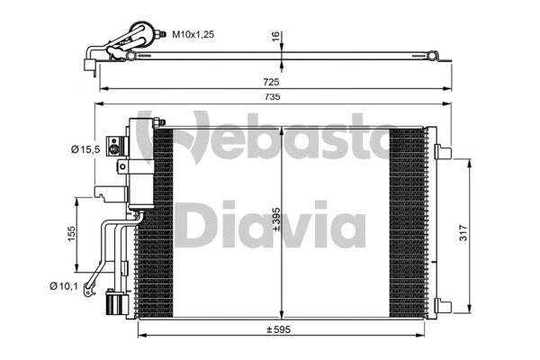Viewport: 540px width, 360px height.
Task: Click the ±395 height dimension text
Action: [x=277, y=221]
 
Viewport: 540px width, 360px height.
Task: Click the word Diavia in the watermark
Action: [x=270, y=225]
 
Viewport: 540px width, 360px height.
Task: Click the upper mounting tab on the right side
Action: [x=440, y=151]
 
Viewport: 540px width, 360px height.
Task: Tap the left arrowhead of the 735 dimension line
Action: [x=98, y=105]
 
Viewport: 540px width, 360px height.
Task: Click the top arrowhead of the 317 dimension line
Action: [x=468, y=160]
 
